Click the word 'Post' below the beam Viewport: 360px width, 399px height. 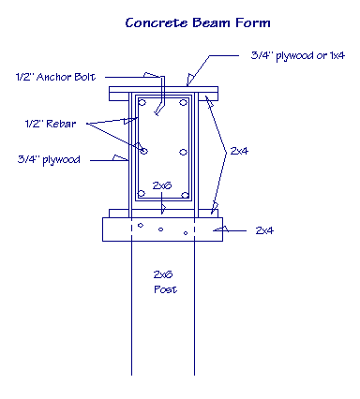click(x=164, y=289)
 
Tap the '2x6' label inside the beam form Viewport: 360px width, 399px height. click(x=163, y=185)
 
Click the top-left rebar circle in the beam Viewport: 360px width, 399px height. click(x=142, y=102)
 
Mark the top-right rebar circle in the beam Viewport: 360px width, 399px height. click(x=184, y=102)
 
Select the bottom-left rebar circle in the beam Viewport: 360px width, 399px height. click(x=142, y=196)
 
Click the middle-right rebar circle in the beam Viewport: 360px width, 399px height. click(x=184, y=152)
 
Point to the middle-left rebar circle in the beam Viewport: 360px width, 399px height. click(x=142, y=150)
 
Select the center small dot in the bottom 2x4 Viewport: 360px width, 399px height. click(x=162, y=228)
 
